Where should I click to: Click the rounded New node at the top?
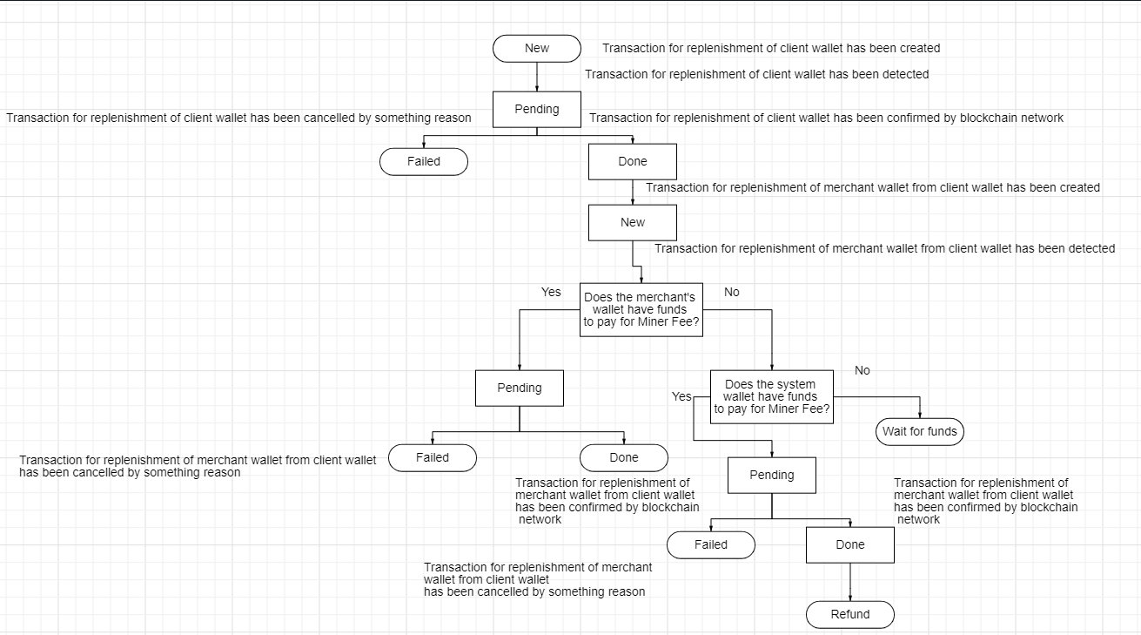[537, 49]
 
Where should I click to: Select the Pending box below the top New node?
[537, 110]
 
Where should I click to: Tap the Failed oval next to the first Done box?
[424, 161]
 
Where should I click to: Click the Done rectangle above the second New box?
[633, 161]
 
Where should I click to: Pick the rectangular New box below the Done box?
[633, 222]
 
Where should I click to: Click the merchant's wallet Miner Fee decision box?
[641, 310]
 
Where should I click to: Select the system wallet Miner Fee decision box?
[771, 397]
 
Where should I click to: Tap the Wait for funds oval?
[920, 431]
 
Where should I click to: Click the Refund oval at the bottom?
[850, 614]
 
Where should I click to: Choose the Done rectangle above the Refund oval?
[850, 544]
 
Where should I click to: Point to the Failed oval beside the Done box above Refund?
[711, 544]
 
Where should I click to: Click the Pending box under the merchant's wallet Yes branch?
[520, 388]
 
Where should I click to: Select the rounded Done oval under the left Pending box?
[624, 457]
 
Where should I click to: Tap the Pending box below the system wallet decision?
[772, 475]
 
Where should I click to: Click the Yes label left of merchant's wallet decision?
[551, 292]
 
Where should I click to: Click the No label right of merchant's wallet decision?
[732, 292]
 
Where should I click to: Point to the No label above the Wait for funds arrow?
[862, 370]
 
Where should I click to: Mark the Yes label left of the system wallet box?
[681, 396]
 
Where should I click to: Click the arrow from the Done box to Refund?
[850, 582]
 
